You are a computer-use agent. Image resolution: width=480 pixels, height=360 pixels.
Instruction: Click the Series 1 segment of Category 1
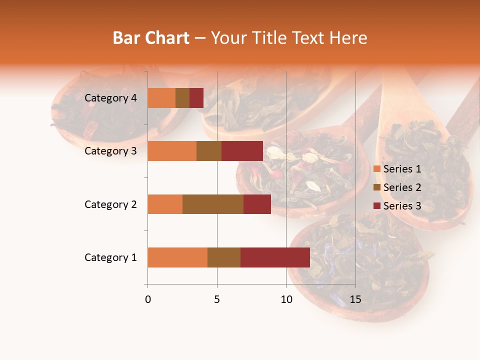tap(177, 257)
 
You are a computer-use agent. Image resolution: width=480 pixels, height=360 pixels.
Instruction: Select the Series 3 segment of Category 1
tap(275, 257)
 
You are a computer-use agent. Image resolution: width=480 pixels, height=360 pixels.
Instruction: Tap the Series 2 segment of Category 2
tap(213, 204)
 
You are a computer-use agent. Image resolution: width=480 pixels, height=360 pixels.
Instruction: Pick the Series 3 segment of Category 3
tap(242, 151)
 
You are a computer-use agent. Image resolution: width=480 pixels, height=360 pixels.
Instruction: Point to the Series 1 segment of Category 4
tap(161, 98)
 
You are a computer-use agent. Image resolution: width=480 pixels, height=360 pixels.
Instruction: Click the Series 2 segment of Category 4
tap(182, 98)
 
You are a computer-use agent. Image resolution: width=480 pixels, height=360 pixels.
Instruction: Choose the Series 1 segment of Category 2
tap(165, 204)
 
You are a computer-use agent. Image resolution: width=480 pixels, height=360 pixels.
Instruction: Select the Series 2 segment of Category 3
tap(209, 151)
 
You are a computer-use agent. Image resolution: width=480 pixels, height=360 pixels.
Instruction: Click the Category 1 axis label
tap(110, 257)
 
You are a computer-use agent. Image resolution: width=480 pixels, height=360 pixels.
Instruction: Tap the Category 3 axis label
tap(110, 151)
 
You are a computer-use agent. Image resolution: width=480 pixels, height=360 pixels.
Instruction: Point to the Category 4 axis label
tap(110, 98)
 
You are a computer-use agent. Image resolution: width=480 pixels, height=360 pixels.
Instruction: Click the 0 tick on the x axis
tap(148, 299)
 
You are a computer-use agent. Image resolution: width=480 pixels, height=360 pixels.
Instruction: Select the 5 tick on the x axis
tap(217, 299)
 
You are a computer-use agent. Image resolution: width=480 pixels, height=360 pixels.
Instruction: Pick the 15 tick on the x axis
tap(355, 299)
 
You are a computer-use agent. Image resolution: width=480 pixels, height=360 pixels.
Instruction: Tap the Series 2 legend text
tap(402, 187)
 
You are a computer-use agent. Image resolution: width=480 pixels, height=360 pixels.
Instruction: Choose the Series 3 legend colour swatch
tap(376, 206)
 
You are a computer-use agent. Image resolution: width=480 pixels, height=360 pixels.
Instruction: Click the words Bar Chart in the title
tap(151, 38)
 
